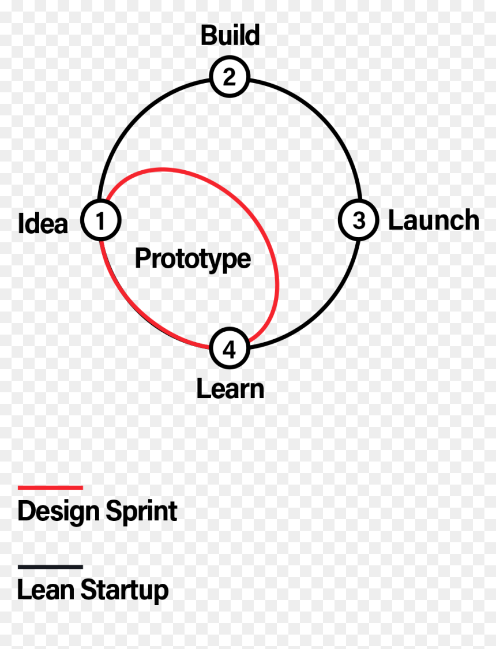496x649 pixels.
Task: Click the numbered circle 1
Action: click(100, 220)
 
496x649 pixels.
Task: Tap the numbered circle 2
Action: click(230, 77)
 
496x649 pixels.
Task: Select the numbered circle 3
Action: click(359, 220)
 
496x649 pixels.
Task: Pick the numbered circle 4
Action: click(230, 348)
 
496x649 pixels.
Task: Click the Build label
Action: click(231, 35)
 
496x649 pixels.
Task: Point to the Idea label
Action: click(43, 224)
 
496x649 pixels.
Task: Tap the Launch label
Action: click(434, 220)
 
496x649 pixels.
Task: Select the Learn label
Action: click(230, 389)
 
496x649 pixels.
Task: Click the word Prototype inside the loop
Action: click(193, 259)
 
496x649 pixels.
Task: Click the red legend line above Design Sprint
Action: click(51, 487)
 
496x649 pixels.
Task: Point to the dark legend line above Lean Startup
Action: click(51, 567)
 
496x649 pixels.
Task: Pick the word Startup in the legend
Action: click(125, 591)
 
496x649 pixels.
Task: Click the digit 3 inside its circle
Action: click(359, 220)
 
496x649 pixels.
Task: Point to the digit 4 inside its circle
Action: click(229, 350)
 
